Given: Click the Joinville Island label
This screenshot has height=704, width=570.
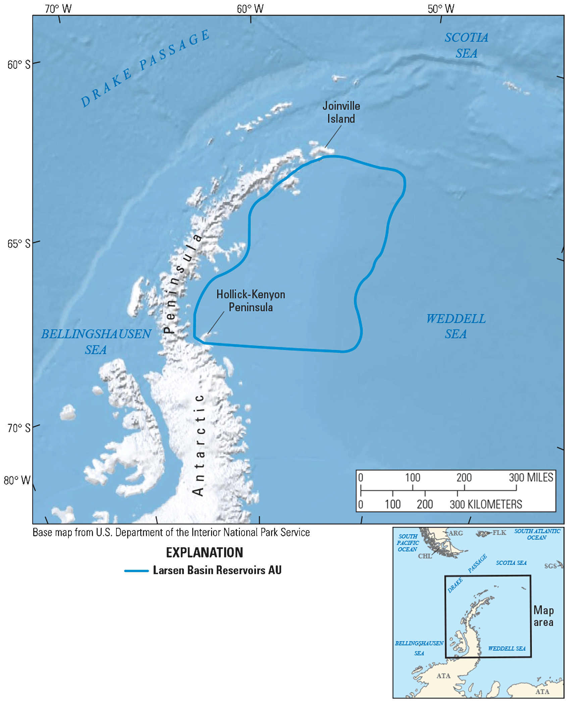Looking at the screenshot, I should pyautogui.click(x=341, y=112).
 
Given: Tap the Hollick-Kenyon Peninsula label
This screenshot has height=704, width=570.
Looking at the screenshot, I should pyautogui.click(x=251, y=301).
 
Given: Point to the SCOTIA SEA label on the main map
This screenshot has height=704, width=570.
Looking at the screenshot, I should pyautogui.click(x=466, y=45).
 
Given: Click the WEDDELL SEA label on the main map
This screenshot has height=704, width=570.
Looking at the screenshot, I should pyautogui.click(x=456, y=326).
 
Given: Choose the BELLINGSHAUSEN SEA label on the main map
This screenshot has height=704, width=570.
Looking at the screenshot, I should pyautogui.click(x=96, y=342).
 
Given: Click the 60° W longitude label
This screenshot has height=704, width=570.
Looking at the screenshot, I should pyautogui.click(x=250, y=9).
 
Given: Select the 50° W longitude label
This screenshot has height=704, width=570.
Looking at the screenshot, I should pyautogui.click(x=441, y=9).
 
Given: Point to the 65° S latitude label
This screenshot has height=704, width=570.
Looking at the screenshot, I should pyautogui.click(x=19, y=244).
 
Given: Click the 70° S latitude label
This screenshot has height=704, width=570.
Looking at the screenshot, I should pyautogui.click(x=19, y=428).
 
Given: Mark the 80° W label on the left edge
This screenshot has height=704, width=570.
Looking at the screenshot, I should pyautogui.click(x=17, y=481).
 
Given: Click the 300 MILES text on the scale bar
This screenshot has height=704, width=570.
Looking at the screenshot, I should pyautogui.click(x=531, y=477).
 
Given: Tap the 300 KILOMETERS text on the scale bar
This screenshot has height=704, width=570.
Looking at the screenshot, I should pyautogui.click(x=486, y=504).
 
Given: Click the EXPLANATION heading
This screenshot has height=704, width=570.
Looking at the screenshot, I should pyautogui.click(x=205, y=553).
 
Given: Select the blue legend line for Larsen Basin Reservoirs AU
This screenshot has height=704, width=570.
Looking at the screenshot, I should pyautogui.click(x=137, y=571).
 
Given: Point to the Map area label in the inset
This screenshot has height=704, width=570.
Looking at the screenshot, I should pyautogui.click(x=543, y=616).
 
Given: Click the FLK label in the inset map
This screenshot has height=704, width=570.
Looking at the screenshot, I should pyautogui.click(x=499, y=533).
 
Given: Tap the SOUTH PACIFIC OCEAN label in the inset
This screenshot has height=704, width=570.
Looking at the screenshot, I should pyautogui.click(x=408, y=543).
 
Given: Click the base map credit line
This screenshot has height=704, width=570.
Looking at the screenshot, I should pyautogui.click(x=171, y=533).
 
